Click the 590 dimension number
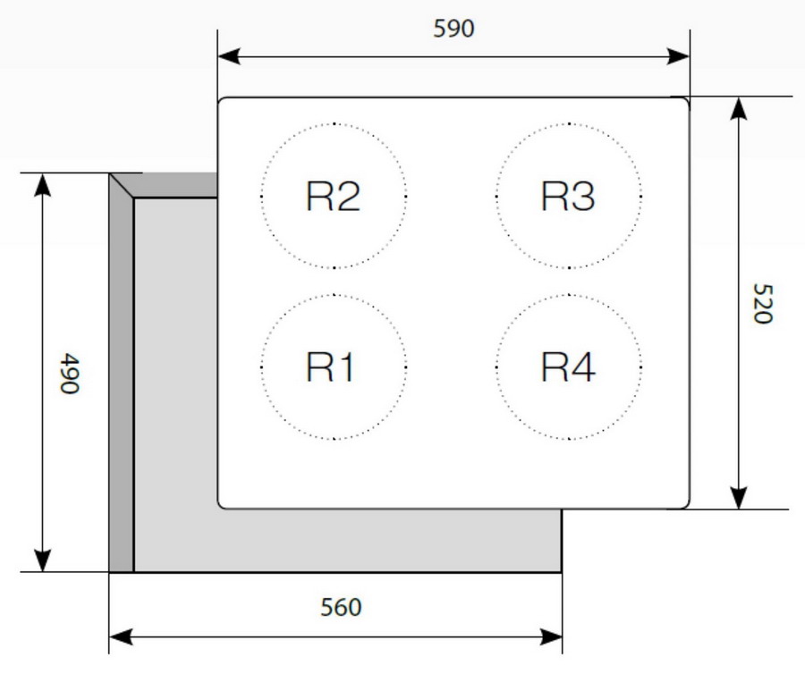[453, 29]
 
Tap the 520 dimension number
[762, 303]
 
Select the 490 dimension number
[70, 373]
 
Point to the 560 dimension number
[341, 607]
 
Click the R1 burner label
[330, 366]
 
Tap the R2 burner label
[334, 196]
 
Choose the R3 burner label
[568, 196]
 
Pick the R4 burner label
[568, 366]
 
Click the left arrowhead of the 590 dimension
[229, 56]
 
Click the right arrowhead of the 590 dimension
[678, 56]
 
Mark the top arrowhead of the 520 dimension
[738, 108]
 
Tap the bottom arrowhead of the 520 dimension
[738, 498]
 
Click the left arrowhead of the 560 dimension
[121, 637]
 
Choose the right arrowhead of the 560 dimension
[550, 637]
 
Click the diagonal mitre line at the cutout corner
[122, 186]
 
